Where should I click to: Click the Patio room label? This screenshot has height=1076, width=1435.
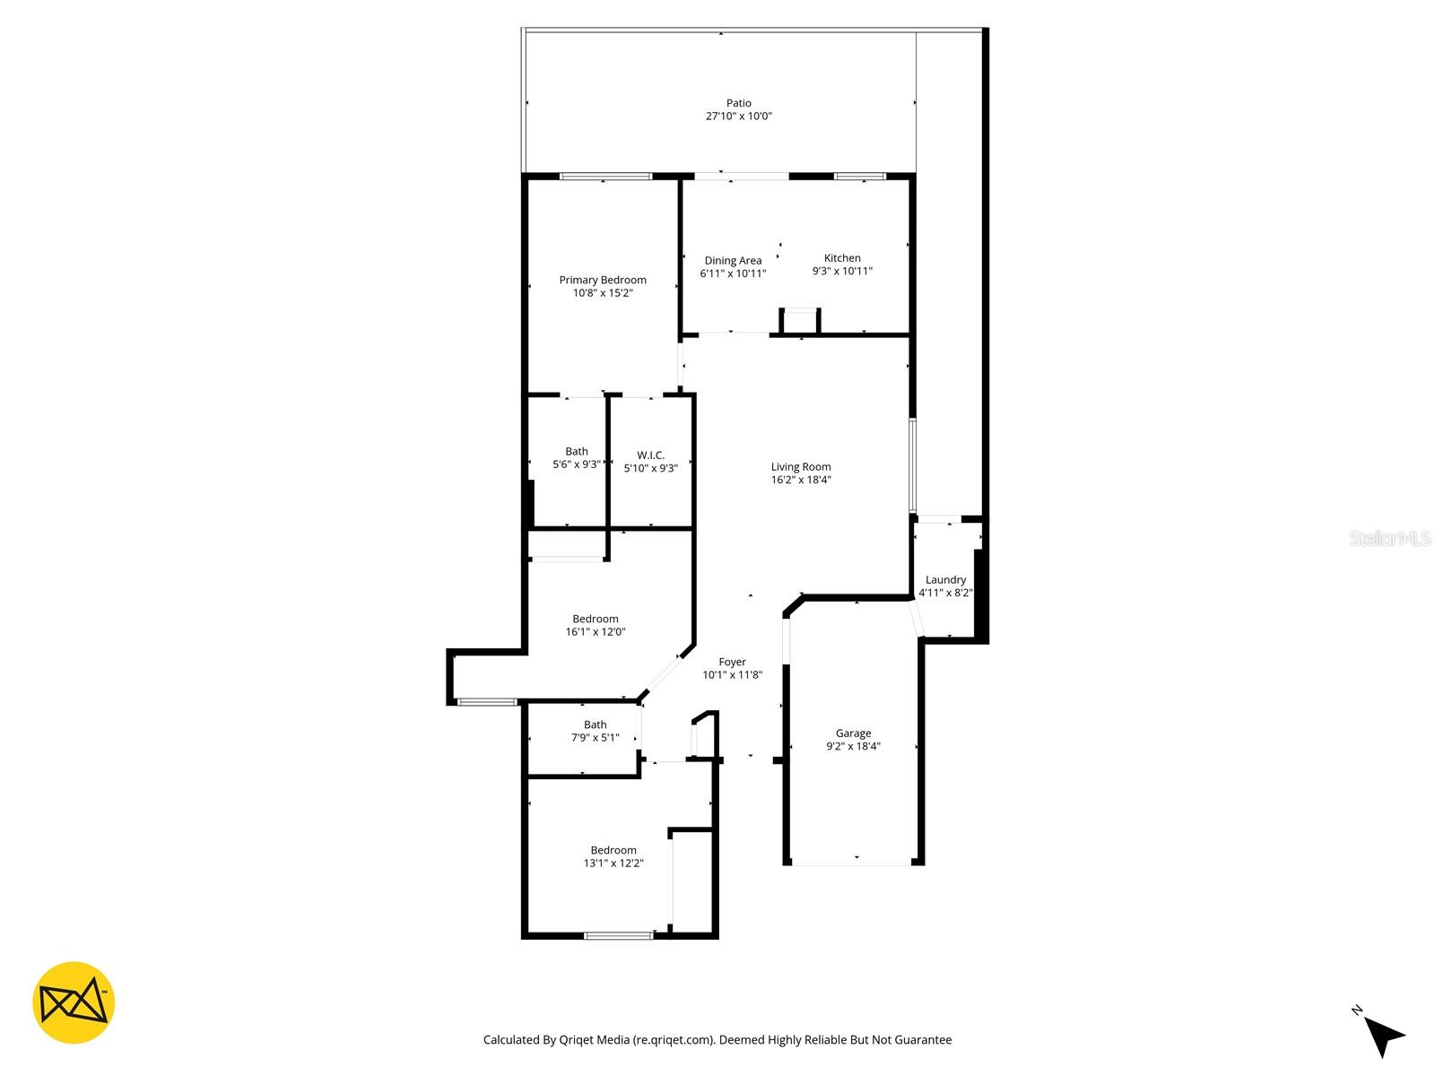(738, 103)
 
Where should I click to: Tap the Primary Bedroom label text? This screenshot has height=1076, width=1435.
(603, 280)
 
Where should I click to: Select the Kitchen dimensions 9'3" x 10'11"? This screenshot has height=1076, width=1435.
(842, 271)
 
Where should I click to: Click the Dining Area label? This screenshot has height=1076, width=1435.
(733, 261)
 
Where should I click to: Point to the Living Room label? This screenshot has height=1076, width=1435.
(801, 466)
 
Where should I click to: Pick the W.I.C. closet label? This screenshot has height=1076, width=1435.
(650, 456)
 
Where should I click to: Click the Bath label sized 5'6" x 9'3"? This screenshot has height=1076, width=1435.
(577, 452)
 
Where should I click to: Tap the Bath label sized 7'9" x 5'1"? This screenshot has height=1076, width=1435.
(595, 725)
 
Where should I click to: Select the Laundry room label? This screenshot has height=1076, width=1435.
(945, 579)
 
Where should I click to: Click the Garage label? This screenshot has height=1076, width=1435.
(853, 733)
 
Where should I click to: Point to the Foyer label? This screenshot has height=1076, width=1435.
(732, 662)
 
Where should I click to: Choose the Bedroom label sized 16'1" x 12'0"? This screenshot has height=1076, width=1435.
(596, 619)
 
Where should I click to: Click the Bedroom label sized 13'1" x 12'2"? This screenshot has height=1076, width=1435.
(613, 850)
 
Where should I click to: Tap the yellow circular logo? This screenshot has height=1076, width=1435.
(74, 1002)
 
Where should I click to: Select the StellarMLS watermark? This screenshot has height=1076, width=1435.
(1389, 539)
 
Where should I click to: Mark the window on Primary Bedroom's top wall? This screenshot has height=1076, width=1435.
(606, 177)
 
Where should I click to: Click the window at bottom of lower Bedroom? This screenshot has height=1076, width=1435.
(619, 936)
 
